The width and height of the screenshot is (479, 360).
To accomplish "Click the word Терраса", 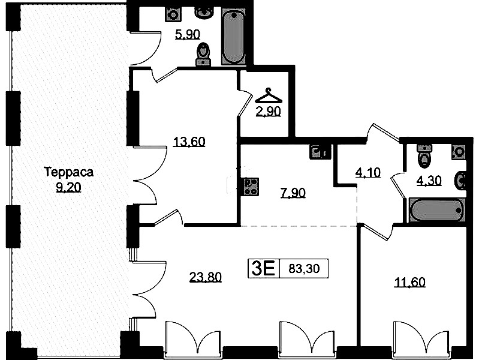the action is point(69,172).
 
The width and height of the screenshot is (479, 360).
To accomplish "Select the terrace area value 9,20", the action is point(68,187).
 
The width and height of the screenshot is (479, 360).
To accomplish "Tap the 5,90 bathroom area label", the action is point(188,34).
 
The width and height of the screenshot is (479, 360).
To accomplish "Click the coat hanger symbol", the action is point(268,96).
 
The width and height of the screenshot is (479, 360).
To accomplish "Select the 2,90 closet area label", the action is point(268,112).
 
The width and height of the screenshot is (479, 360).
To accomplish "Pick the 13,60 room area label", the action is point(189,142).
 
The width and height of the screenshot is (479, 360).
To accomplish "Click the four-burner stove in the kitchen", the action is point(250,187).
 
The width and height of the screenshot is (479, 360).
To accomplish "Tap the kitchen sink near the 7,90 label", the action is point(320,152).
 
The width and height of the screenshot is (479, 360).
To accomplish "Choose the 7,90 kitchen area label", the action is point(293,193).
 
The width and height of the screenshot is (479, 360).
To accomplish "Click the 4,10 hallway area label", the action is point(368,173).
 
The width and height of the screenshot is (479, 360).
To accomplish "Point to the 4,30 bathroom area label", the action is point(429,181).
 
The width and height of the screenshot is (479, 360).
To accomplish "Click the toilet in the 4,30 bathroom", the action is point(424,156).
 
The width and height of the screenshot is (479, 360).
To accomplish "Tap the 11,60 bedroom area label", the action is point(409,282).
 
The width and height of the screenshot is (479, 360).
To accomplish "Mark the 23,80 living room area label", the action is point(205,277).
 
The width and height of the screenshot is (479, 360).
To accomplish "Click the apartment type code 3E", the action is point(263,268).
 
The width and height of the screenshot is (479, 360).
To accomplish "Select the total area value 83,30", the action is point(304,269).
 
